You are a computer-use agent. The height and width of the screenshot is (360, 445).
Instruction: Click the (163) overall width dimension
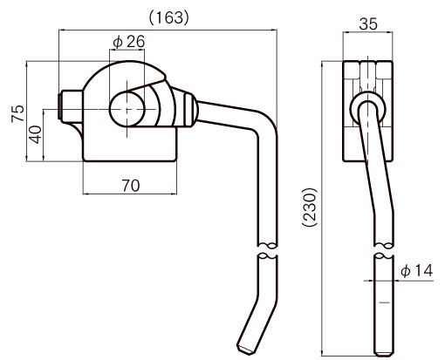tap(169, 18)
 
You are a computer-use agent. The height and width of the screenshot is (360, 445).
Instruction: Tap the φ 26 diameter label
tap(129, 42)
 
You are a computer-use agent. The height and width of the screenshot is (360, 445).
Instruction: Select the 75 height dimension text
tap(17, 113)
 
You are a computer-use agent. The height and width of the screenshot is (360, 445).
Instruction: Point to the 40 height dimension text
tap(35, 134)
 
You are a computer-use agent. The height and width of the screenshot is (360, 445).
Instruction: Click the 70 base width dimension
tap(131, 186)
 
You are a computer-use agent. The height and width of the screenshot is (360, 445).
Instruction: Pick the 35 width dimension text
tap(368, 24)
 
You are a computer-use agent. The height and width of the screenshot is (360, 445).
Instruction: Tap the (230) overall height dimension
tap(310, 207)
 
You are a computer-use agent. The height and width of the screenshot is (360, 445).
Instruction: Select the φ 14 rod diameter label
tap(416, 271)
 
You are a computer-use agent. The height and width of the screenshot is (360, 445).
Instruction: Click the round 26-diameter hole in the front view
tap(127, 109)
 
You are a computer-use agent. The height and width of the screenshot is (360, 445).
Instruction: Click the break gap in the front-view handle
tap(268, 250)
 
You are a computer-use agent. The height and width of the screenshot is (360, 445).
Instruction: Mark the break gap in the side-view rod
tap(384, 250)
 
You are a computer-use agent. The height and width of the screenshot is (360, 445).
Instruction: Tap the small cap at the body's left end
tap(60, 106)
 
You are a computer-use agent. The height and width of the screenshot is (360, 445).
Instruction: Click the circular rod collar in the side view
tap(367, 109)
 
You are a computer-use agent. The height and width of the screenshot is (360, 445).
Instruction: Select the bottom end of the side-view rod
tap(384, 354)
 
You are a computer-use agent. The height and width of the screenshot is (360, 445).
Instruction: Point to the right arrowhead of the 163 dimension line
tap(274, 30)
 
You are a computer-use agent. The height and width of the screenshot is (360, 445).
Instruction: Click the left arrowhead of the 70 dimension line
tap(86, 194)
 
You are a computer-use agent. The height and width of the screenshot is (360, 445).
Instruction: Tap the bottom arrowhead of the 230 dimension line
tap(322, 352)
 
